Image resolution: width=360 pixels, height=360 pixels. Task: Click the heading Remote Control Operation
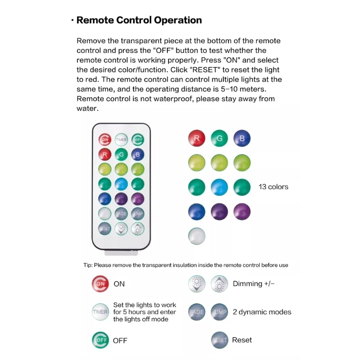139,20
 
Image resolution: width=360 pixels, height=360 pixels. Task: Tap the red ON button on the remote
104,139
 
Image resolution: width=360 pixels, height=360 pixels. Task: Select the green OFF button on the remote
138,139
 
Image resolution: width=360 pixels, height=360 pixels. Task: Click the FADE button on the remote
121,213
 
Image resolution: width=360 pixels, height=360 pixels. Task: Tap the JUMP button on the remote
138,213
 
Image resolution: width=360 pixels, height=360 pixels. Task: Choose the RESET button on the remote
104,229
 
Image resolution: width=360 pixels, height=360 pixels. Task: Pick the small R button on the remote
104,154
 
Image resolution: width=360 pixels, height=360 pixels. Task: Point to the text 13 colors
273,187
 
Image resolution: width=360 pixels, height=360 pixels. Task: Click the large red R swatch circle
196,139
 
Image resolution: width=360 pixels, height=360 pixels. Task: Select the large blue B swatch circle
242,139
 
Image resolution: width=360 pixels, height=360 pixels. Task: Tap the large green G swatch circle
219,139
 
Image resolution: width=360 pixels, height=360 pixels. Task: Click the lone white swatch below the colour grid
196,236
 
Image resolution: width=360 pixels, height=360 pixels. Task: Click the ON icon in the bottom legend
100,283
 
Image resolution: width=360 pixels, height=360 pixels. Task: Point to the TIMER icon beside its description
100,312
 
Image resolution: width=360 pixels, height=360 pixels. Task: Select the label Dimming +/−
253,283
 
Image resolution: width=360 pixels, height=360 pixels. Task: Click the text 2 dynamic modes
262,312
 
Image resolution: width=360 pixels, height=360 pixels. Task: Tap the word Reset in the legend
242,340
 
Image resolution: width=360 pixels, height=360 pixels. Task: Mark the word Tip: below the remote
88,265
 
